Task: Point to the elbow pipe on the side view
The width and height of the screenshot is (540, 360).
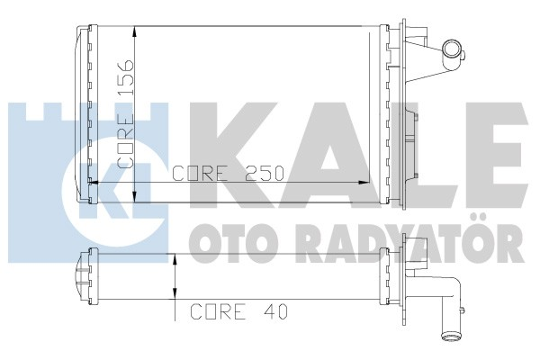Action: click(445, 306)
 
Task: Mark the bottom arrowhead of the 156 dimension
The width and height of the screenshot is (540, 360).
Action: click(134, 196)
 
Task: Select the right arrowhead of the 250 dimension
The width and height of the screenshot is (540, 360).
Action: click(379, 183)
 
